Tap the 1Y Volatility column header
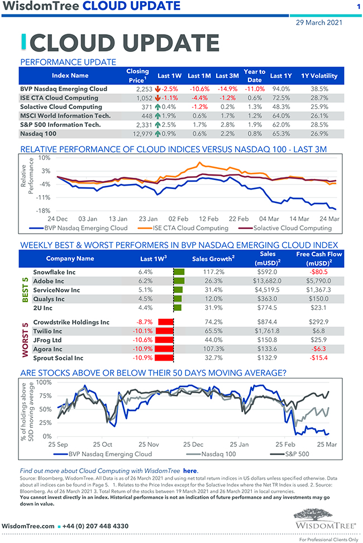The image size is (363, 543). [319, 75]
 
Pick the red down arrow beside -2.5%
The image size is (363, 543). [158, 89]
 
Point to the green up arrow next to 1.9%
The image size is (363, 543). [158, 116]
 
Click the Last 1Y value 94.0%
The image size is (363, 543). [280, 89]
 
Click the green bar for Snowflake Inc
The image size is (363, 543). [179, 272]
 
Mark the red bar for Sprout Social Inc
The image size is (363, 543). [165, 358]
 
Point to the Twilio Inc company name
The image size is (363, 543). [49, 331]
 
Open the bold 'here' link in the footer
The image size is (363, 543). [190, 471]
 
